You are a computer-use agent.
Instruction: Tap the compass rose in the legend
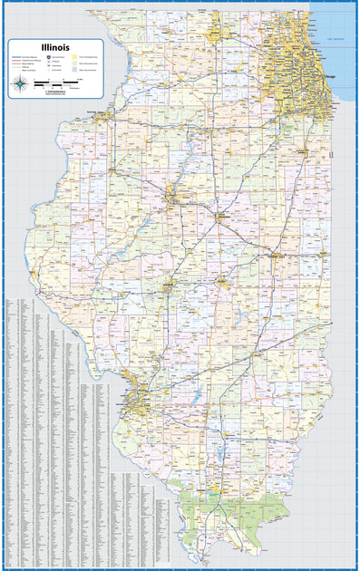pyautogui.click(x=20, y=85)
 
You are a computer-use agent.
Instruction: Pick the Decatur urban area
pyautogui.click(x=219, y=284)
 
